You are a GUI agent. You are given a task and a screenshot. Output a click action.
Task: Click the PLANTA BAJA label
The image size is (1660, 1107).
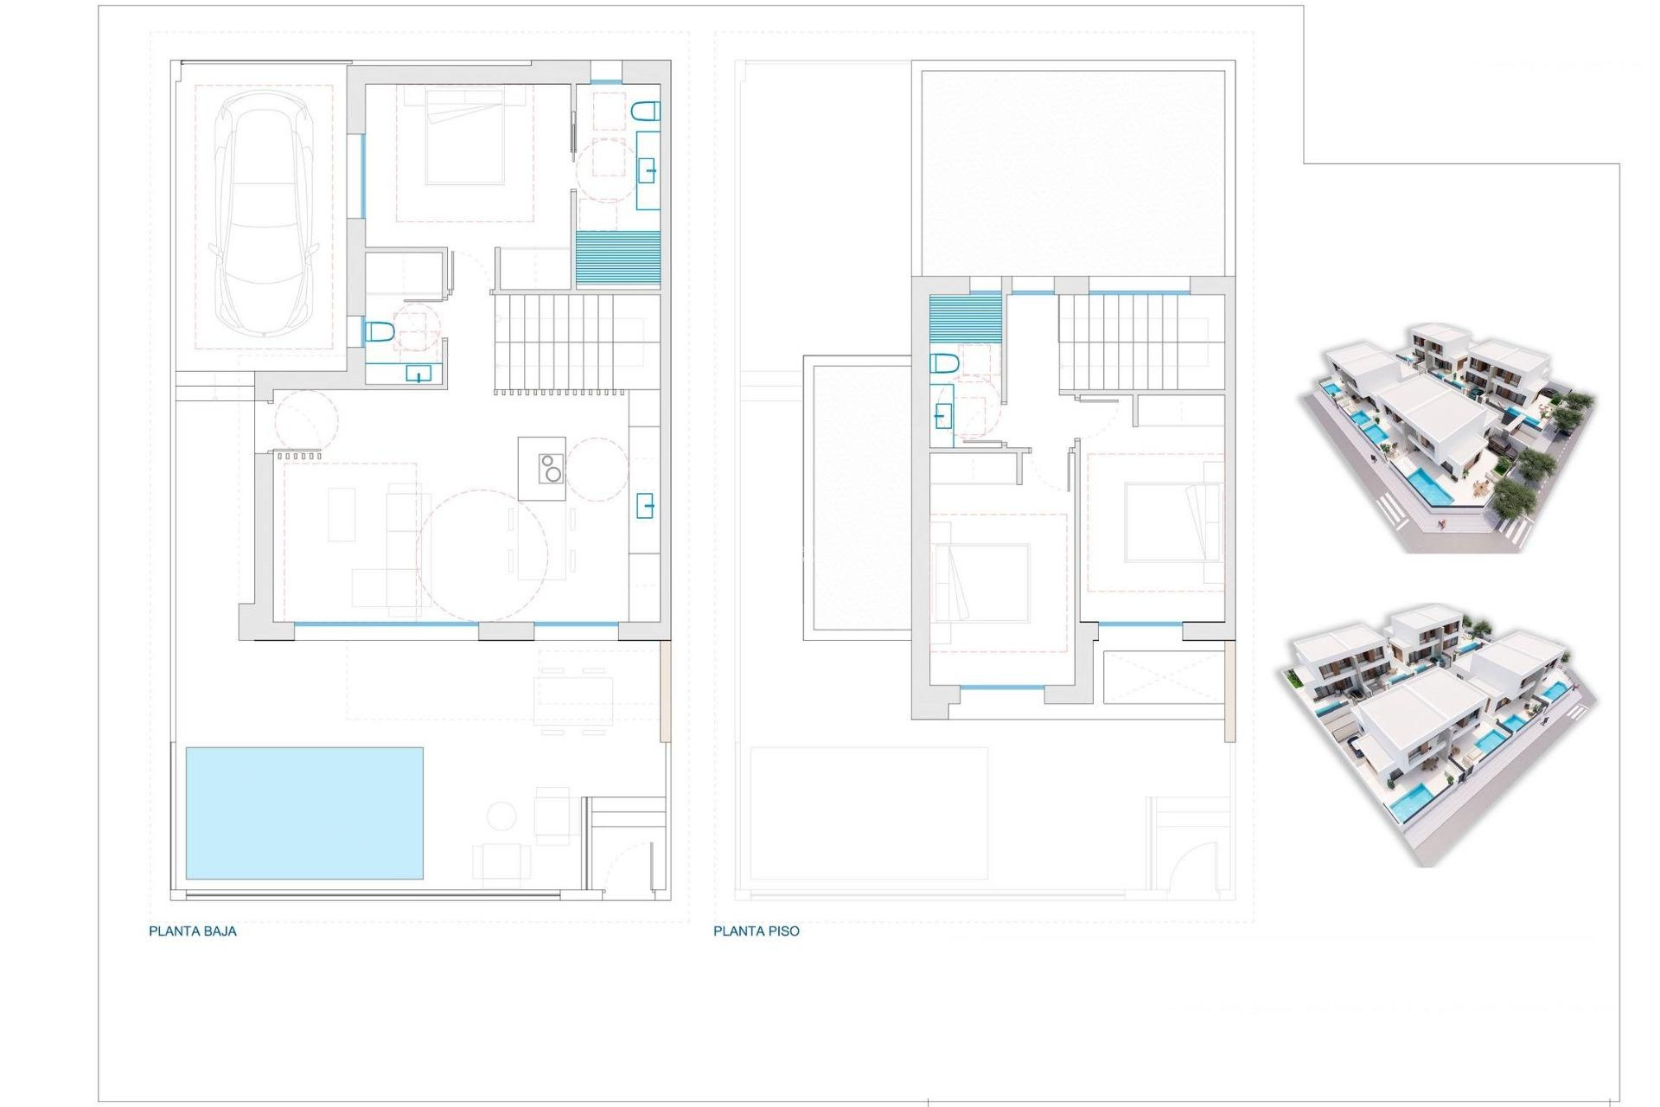(x=193, y=931)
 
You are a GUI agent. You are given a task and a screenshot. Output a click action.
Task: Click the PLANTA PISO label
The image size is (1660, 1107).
(x=756, y=931)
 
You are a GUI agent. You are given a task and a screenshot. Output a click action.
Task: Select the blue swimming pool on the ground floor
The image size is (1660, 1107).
(x=304, y=813)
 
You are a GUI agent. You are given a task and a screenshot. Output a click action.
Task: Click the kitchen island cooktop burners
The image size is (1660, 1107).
(x=551, y=469)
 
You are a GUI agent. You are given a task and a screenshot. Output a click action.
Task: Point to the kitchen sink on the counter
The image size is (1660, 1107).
(x=645, y=505)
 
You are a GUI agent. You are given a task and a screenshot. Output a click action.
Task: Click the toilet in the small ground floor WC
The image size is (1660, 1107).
(x=380, y=331)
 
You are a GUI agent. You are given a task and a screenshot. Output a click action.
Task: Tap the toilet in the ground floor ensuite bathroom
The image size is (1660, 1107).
(x=646, y=111)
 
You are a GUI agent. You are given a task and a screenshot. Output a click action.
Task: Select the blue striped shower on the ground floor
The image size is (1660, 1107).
(x=617, y=258)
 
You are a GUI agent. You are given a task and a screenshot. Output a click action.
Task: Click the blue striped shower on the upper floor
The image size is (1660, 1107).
(x=965, y=318)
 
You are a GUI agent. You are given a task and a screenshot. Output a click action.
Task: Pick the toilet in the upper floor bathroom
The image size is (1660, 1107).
(x=944, y=363)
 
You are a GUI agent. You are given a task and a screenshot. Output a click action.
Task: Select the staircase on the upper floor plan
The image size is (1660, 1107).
(x=1133, y=342)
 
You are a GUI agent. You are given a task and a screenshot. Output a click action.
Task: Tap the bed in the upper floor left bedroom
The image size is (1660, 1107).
(x=981, y=582)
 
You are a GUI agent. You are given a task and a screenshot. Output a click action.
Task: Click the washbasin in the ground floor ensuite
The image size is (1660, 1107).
(x=647, y=170)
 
